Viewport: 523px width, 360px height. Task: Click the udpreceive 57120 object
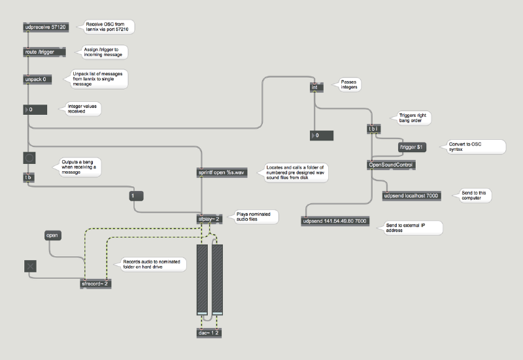click(46, 27)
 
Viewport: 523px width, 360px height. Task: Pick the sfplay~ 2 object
click(210, 218)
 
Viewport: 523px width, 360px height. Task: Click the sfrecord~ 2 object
click(95, 284)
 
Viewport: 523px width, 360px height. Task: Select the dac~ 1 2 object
click(209, 333)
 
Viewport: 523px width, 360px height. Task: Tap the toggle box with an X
click(30, 265)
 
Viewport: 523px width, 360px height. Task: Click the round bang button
click(29, 157)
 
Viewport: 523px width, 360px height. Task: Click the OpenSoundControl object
click(391, 165)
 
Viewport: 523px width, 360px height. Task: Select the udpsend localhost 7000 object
click(412, 195)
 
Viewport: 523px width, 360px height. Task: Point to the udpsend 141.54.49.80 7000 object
click(334, 221)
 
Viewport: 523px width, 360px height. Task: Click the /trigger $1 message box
click(413, 147)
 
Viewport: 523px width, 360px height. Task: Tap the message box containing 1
click(136, 195)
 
